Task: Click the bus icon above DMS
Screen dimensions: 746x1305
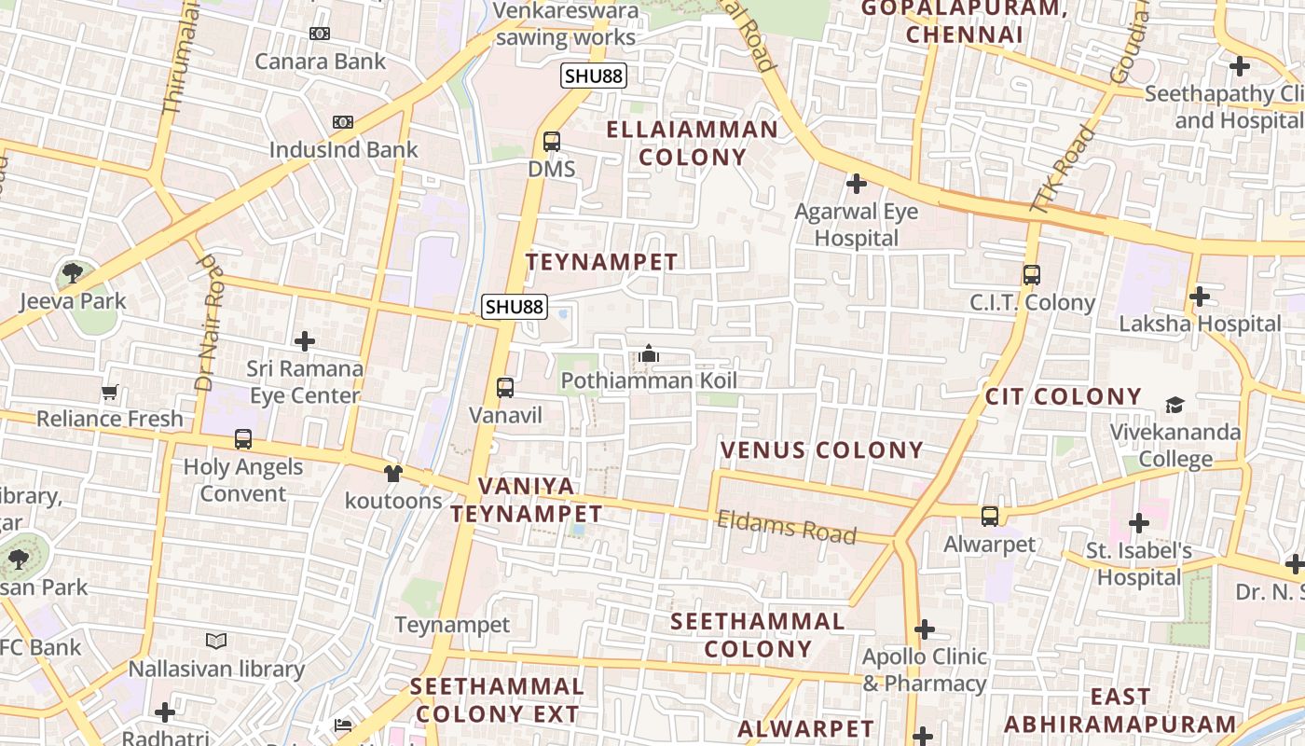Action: coord(552,142)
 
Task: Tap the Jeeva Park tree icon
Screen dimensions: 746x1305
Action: coord(72,273)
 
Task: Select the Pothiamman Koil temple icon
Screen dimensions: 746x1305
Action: coord(649,353)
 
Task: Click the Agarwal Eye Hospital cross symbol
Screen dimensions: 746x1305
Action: coord(856,184)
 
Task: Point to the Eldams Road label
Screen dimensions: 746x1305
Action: coord(786,527)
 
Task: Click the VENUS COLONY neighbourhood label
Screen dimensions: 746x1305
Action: coord(821,450)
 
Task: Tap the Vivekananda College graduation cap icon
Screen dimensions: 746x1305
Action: coord(1174,405)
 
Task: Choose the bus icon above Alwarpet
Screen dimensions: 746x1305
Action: coord(990,516)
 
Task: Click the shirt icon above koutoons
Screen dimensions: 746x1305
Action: coord(392,473)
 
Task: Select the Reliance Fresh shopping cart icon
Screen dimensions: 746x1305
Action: coord(110,392)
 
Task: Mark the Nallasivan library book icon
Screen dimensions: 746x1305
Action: coord(216,641)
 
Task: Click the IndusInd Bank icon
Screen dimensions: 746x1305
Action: coord(343,122)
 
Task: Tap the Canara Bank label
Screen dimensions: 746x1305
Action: coord(320,62)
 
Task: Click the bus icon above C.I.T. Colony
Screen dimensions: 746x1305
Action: coord(1031,275)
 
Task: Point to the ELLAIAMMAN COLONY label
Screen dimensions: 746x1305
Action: coord(693,143)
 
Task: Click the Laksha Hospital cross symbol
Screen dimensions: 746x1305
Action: coord(1200,297)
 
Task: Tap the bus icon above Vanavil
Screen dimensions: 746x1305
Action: coord(505,387)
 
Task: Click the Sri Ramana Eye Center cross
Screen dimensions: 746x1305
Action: coord(304,341)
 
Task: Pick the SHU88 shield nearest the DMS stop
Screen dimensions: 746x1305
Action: coord(593,76)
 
